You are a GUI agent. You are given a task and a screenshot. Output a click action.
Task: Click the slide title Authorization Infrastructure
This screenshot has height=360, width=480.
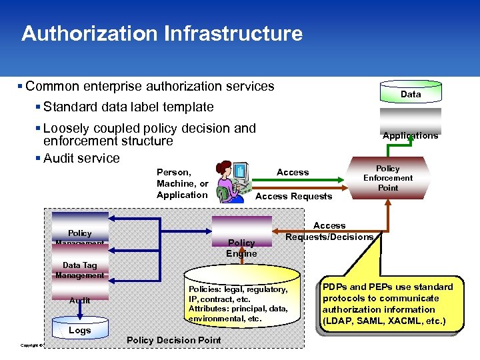click(x=161, y=33)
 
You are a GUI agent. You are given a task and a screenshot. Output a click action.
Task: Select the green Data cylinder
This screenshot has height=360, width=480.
click(x=410, y=94)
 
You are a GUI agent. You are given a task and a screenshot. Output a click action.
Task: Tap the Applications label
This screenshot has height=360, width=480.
click(x=410, y=135)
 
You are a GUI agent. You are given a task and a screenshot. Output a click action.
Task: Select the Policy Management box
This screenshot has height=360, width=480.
click(x=80, y=230)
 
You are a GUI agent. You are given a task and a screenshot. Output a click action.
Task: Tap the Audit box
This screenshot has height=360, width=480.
click(x=80, y=301)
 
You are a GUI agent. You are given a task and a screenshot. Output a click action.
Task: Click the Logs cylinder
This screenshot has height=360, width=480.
click(x=79, y=330)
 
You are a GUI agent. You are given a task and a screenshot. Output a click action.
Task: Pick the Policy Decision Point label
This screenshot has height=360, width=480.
click(x=173, y=340)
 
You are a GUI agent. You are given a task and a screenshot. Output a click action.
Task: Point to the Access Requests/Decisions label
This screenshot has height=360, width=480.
click(x=329, y=231)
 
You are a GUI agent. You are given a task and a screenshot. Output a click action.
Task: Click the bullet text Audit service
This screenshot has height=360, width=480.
click(x=81, y=158)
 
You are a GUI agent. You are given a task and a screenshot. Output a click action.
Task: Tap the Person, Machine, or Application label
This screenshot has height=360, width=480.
click(x=182, y=183)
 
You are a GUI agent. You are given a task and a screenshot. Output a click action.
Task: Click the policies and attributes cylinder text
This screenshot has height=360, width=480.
click(x=238, y=304)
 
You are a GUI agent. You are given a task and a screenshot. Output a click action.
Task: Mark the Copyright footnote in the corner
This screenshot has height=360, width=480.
click(x=31, y=345)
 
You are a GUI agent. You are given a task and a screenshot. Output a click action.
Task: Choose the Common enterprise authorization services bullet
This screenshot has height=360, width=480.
click(x=149, y=86)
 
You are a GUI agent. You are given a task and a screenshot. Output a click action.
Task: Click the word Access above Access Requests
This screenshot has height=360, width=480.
click(x=293, y=172)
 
